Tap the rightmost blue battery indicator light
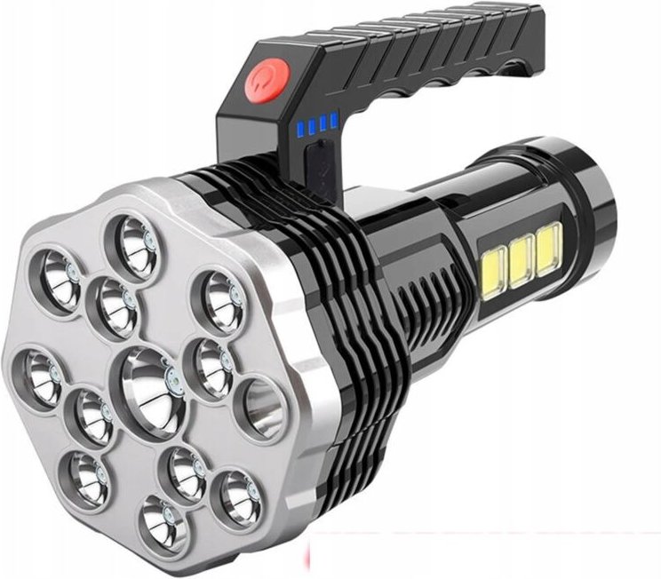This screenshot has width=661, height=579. coord(334,118)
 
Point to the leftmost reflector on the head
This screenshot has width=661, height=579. coord(38,375)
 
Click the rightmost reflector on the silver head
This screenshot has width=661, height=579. coord(261,408)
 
